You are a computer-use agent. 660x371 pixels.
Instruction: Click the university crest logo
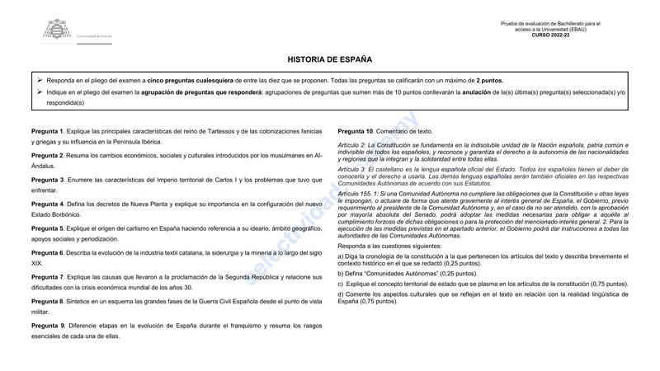(58, 31)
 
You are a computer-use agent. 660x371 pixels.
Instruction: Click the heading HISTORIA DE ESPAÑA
(330, 60)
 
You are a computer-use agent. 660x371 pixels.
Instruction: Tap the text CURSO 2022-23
(550, 35)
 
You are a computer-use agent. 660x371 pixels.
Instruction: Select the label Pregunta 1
(47, 132)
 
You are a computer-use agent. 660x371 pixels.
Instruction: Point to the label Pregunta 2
(47, 156)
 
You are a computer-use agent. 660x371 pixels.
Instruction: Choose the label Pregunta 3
(47, 180)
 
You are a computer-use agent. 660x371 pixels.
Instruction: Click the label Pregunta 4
(47, 204)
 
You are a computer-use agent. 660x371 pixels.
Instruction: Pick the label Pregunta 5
(47, 228)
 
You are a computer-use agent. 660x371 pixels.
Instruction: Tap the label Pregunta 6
(47, 252)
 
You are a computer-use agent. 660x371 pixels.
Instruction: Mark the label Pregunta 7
(47, 277)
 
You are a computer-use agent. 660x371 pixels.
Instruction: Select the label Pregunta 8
(47, 302)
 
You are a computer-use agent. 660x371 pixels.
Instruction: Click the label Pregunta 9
(47, 326)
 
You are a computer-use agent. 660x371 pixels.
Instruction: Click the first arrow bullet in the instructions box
(40, 80)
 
